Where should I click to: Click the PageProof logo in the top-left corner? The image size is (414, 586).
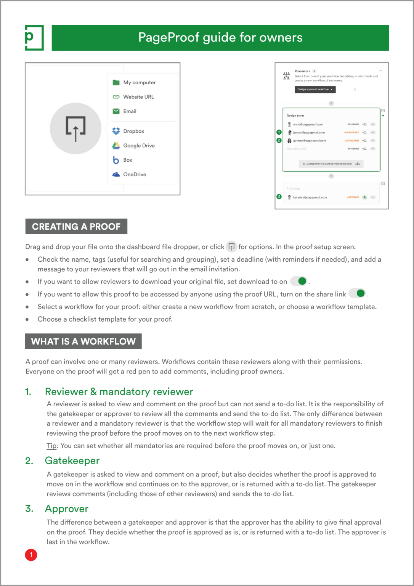[34, 38]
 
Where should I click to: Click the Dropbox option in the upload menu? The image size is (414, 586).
[133, 131]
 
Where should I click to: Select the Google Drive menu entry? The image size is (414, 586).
[138, 146]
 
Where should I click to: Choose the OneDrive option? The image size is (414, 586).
[134, 174]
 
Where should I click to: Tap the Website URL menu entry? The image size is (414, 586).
[138, 97]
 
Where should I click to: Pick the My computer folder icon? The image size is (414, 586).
[116, 82]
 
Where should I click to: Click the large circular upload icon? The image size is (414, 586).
[75, 129]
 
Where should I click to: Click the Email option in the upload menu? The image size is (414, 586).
[129, 111]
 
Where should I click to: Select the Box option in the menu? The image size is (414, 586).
[127, 160]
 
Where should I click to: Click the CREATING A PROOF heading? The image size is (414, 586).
[76, 227]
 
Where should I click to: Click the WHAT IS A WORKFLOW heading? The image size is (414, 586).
[83, 341]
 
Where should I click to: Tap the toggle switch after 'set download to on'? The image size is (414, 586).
[299, 281]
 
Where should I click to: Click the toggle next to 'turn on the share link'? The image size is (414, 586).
[358, 293]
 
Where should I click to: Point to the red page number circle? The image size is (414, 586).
[31, 555]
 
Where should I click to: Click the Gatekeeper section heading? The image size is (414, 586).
[72, 461]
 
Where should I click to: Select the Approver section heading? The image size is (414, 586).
[67, 509]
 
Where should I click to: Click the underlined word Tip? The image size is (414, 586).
[51, 446]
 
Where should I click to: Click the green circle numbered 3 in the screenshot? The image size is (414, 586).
[279, 197]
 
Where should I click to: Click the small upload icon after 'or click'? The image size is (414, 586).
[231, 246]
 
